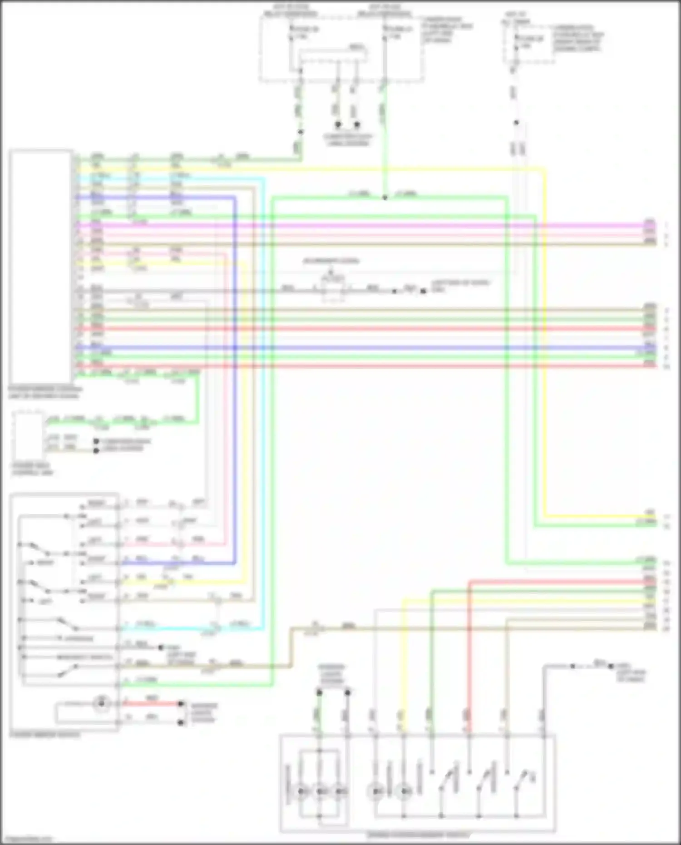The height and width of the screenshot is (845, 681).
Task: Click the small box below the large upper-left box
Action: [x=28, y=436]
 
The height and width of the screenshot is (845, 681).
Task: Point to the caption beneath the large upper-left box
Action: [x=44, y=393]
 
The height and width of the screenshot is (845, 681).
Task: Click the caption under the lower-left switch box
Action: [x=44, y=734]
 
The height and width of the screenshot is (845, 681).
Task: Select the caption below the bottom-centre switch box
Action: [x=418, y=835]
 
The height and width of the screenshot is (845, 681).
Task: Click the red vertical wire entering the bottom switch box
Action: [x=469, y=658]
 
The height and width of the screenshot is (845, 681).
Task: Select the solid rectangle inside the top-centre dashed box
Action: [x=332, y=57]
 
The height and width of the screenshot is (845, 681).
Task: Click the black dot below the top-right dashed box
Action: [x=516, y=123]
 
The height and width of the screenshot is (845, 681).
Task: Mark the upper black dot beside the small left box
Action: [x=96, y=441]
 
